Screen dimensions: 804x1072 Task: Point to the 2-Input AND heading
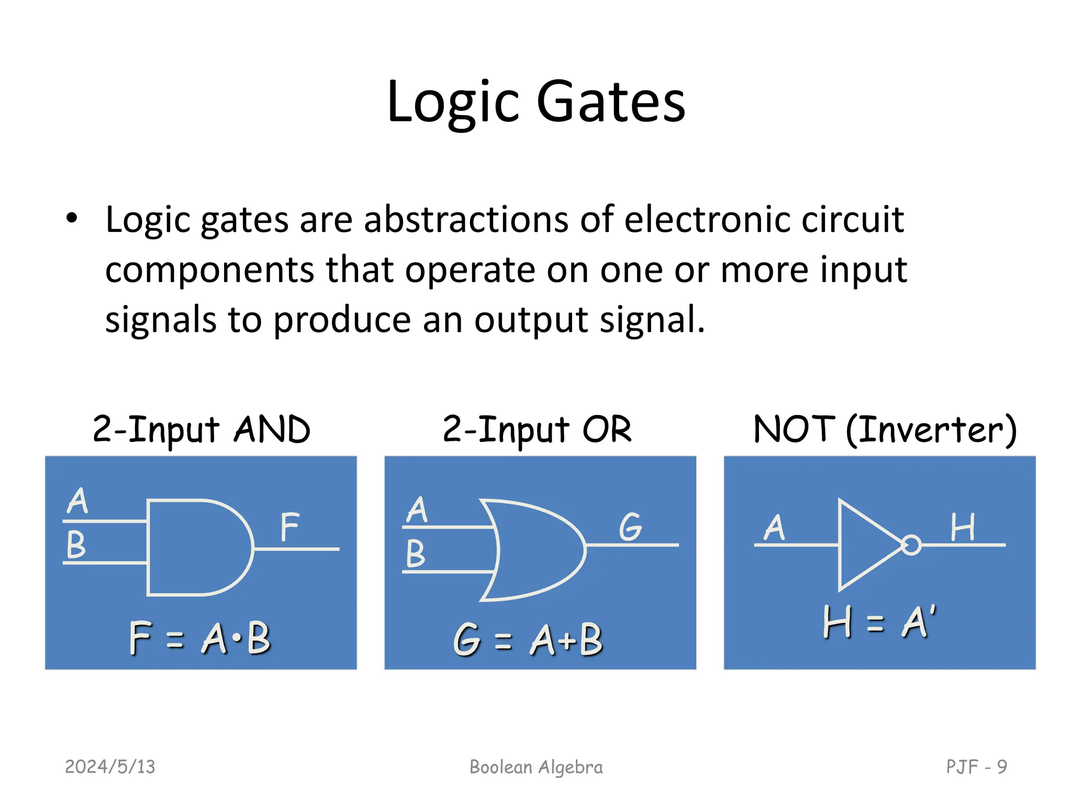coord(202,430)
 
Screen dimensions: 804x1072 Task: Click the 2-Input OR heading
coord(537,430)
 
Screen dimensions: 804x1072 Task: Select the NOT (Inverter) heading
coord(885,430)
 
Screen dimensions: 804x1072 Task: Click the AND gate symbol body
coord(194,548)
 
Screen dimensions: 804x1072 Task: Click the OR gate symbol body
coord(534,550)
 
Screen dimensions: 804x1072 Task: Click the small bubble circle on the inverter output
coord(911,545)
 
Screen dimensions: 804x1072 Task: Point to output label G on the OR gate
coord(630,527)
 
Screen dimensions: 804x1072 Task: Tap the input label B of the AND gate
coord(76,545)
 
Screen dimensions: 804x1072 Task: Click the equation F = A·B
coord(200,638)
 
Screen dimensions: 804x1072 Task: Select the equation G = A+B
coord(528,640)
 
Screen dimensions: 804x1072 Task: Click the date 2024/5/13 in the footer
coord(110,767)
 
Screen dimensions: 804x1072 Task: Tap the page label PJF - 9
coord(976,767)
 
